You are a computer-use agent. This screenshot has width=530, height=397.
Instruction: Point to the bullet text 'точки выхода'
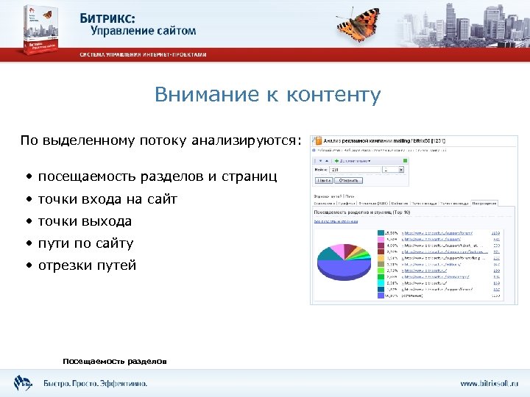[x=85, y=221]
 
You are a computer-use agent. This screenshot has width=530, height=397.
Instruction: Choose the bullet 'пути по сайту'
[x=85, y=243]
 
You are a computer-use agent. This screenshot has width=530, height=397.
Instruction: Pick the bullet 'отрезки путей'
[x=87, y=265]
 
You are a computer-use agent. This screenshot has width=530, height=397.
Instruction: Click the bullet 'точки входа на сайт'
[x=107, y=199]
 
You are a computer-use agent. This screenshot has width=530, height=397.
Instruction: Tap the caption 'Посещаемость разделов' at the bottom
[x=115, y=361]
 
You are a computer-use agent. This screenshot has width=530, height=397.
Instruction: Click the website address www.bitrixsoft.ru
[x=489, y=383]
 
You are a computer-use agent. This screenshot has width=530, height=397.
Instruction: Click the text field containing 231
[x=354, y=170]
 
